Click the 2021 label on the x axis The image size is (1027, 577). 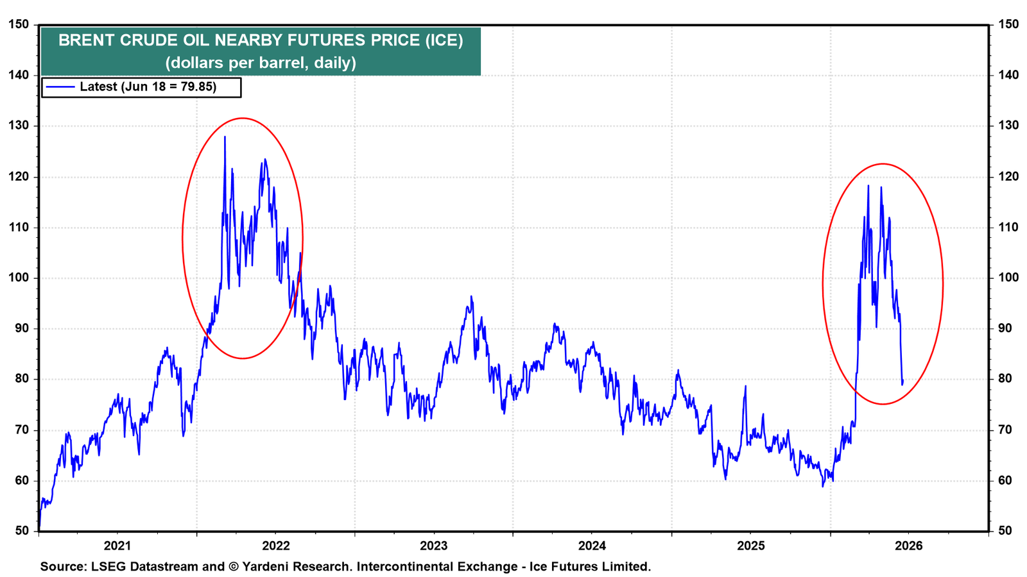click(117, 546)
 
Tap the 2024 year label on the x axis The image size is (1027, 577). click(592, 546)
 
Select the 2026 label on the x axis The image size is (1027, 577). click(909, 546)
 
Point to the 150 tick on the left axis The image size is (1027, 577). click(19, 24)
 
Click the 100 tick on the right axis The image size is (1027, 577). click(1008, 278)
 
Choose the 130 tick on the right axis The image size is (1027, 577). click(1008, 126)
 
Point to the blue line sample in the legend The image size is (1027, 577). click(60, 87)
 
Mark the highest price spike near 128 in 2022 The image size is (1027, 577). click(225, 137)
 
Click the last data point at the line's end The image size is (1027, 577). click(902, 380)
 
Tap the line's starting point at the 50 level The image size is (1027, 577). click(39, 529)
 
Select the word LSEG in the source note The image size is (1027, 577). click(108, 567)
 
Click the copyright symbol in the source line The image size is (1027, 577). click(234, 567)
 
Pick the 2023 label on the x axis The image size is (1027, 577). click(434, 546)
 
